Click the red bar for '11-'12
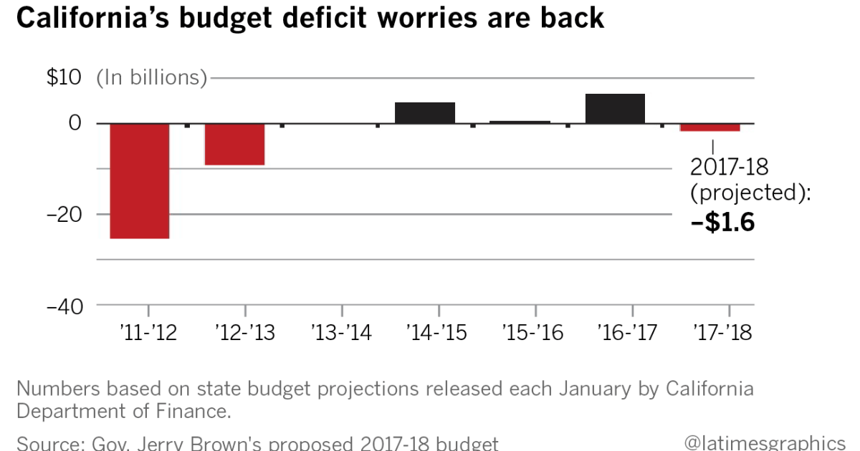139,180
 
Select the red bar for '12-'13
234,144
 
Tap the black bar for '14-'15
425,113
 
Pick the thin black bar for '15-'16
520,122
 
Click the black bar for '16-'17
615,109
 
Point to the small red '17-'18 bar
709,127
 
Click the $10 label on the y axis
64,77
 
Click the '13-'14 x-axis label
342,333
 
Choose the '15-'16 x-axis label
532,333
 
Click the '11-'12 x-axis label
148,333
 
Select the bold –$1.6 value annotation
722,223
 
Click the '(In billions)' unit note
152,77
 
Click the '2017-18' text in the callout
729,167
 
